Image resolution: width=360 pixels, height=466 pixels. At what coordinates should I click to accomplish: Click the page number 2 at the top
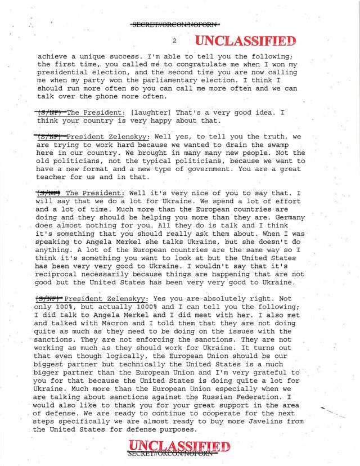[x=175, y=41]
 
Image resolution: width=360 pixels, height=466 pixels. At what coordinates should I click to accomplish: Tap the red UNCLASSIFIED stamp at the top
[x=245, y=41]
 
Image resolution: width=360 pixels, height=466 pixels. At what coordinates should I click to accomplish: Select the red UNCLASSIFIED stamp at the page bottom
[x=179, y=448]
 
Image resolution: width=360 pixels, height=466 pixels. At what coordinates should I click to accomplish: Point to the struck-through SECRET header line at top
[x=175, y=24]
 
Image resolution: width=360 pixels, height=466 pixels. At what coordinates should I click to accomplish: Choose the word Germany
[x=289, y=217]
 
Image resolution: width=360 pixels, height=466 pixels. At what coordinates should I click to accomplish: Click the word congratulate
[x=190, y=65]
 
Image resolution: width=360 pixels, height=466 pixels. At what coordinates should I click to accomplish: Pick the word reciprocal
[x=57, y=274]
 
